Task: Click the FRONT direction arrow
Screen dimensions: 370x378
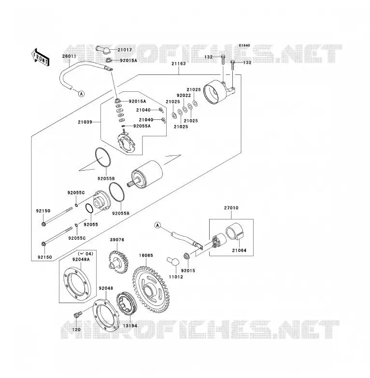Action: pyautogui.click(x=41, y=58)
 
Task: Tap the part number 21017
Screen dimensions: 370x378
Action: pyautogui.click(x=125, y=50)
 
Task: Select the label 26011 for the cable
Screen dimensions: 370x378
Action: pyautogui.click(x=69, y=56)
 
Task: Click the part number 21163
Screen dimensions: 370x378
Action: pyautogui.click(x=179, y=64)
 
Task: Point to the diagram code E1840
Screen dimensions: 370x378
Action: pyautogui.click(x=244, y=45)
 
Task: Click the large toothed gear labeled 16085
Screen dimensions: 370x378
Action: pyautogui.click(x=151, y=290)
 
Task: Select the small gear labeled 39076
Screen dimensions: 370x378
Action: pyautogui.click(x=118, y=262)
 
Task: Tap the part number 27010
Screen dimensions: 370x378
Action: pyautogui.click(x=231, y=208)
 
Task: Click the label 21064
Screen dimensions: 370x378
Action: pyautogui.click(x=239, y=250)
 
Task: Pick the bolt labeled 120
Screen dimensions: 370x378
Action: pyautogui.click(x=77, y=315)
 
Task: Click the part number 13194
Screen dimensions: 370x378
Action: pyautogui.click(x=130, y=326)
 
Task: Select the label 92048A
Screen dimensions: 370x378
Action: pyautogui.click(x=81, y=260)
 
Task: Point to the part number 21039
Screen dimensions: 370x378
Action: pyautogui.click(x=85, y=122)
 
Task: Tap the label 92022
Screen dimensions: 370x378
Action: pyautogui.click(x=184, y=95)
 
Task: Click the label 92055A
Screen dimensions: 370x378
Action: pyautogui.click(x=142, y=126)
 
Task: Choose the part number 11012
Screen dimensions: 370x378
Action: pyautogui.click(x=176, y=277)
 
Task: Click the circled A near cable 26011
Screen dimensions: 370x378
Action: pyautogui.click(x=82, y=94)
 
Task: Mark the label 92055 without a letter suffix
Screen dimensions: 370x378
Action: pyautogui.click(x=91, y=225)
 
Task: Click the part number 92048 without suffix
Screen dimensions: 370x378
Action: pyautogui.click(x=106, y=288)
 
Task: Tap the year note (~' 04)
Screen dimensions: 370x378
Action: pyautogui.click(x=85, y=254)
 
